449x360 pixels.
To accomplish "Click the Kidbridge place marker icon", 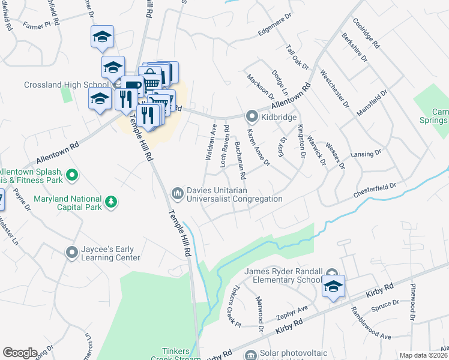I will [252, 117].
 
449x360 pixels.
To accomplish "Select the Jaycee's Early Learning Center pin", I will [72, 252].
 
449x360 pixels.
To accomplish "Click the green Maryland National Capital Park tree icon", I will [110, 203].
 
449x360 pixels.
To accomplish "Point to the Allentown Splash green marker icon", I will [72, 175].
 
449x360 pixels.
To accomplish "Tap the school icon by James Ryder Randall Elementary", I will [333, 286].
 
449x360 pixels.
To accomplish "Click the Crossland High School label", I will [66, 85].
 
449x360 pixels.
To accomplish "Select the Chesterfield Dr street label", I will [376, 190].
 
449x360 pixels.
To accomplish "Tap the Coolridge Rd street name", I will [366, 32].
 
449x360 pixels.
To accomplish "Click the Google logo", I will [20, 353].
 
